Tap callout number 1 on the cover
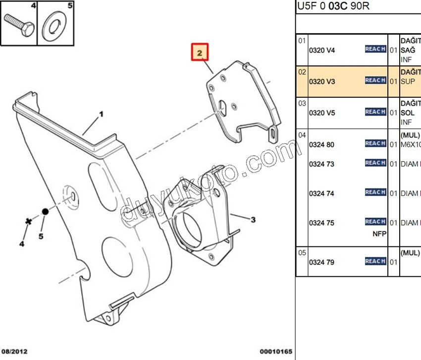coord(101,114)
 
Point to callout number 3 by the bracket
coord(253,220)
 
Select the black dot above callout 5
coord(45,211)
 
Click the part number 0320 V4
coord(322,50)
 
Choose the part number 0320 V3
coord(322,81)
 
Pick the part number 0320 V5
coord(322,113)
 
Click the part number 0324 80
coord(322,145)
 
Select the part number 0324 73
coord(322,164)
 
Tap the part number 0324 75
coord(322,223)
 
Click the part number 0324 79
coord(322,262)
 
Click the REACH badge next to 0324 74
coord(375,192)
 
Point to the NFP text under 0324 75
coord(379,234)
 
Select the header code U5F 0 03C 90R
coord(333,7)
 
